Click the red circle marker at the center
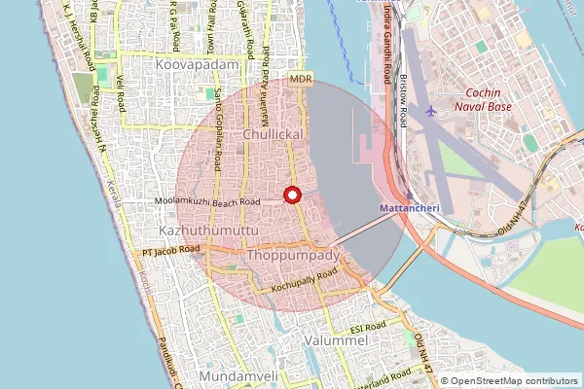pos(291,194)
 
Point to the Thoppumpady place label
pos(292,255)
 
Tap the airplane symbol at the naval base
pos(432,111)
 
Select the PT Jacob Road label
pos(170,250)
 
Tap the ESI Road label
pos(370,329)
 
